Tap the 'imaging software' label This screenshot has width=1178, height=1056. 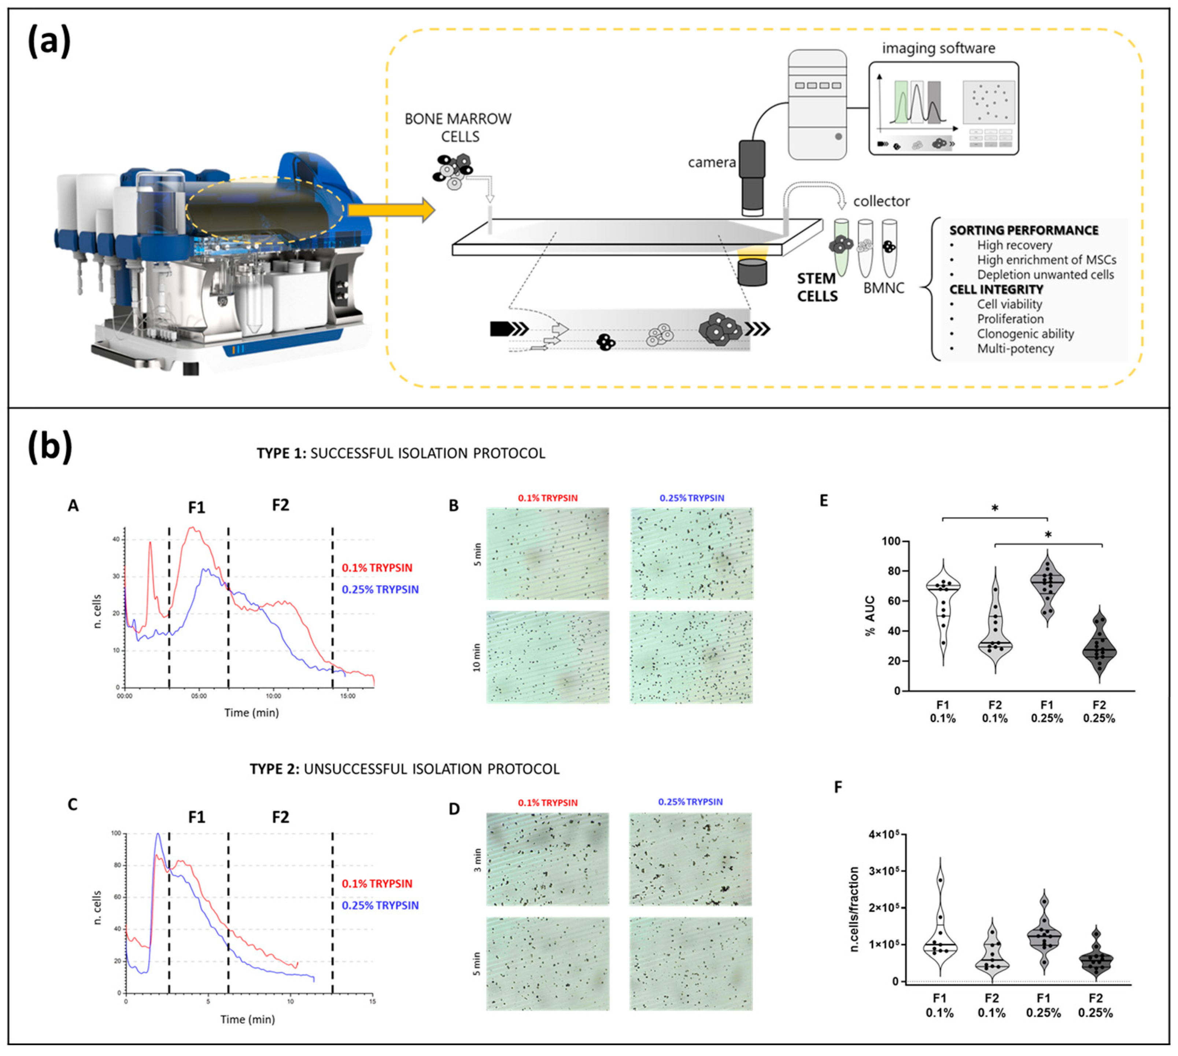click(x=938, y=48)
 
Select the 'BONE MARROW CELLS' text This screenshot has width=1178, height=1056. click(x=458, y=127)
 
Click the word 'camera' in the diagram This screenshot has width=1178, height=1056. click(x=712, y=162)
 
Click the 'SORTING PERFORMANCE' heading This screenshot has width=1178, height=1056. click(x=1024, y=230)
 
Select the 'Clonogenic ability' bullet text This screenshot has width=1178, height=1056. click(x=1025, y=334)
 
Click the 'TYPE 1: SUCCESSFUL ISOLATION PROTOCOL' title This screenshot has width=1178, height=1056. click(x=401, y=453)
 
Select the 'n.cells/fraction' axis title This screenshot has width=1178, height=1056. click(x=854, y=909)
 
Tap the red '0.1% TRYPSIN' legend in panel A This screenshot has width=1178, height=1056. click(x=377, y=568)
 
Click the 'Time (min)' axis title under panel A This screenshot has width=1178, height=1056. click(x=251, y=713)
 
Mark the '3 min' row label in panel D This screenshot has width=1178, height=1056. click(x=477, y=860)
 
